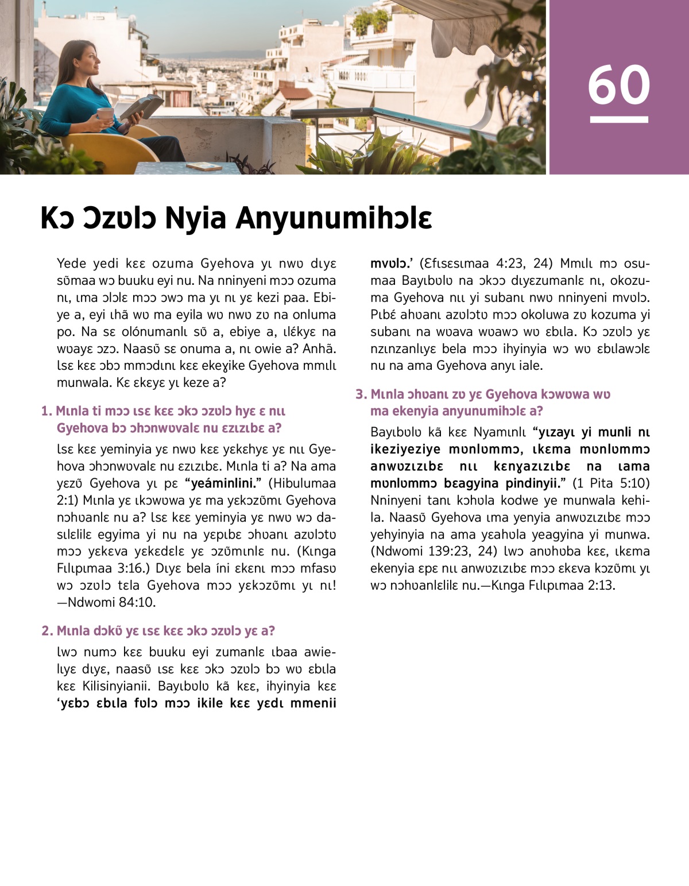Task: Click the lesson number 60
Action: coord(619,85)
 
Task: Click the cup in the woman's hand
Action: coord(105,114)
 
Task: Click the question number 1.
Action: coord(46,411)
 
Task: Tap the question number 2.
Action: coord(47,631)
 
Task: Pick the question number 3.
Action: coord(361,394)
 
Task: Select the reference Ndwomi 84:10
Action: coord(112,602)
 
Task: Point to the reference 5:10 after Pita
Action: coord(634,483)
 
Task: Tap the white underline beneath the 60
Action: coord(619,119)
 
